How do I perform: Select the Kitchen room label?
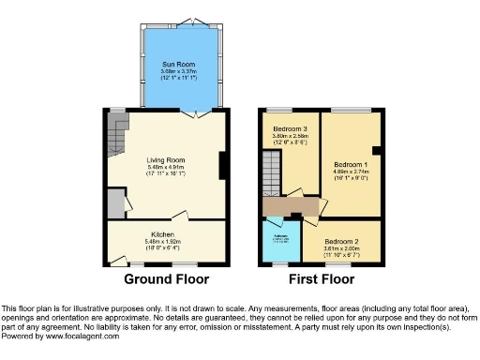(x=163, y=234)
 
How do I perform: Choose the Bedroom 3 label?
(x=291, y=128)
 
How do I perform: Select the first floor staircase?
(x=270, y=174)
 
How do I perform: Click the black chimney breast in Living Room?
(x=222, y=165)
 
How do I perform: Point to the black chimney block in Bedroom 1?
(x=375, y=149)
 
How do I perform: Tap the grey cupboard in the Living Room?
(x=115, y=202)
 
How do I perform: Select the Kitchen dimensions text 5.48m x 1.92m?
(x=163, y=242)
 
